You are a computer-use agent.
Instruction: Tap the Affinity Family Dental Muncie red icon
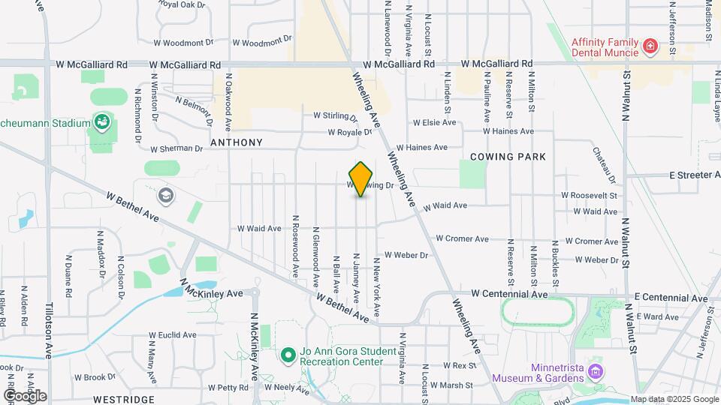(650, 48)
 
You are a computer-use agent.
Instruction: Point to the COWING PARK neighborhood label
(508, 157)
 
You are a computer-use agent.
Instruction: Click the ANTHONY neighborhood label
(237, 142)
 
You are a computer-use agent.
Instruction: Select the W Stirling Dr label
(336, 116)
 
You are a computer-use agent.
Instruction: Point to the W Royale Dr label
(350, 133)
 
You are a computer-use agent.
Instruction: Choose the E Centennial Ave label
(671, 298)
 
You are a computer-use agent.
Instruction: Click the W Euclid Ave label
(172, 335)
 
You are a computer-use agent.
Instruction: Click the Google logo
(26, 395)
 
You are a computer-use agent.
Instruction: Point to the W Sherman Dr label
(176, 148)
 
